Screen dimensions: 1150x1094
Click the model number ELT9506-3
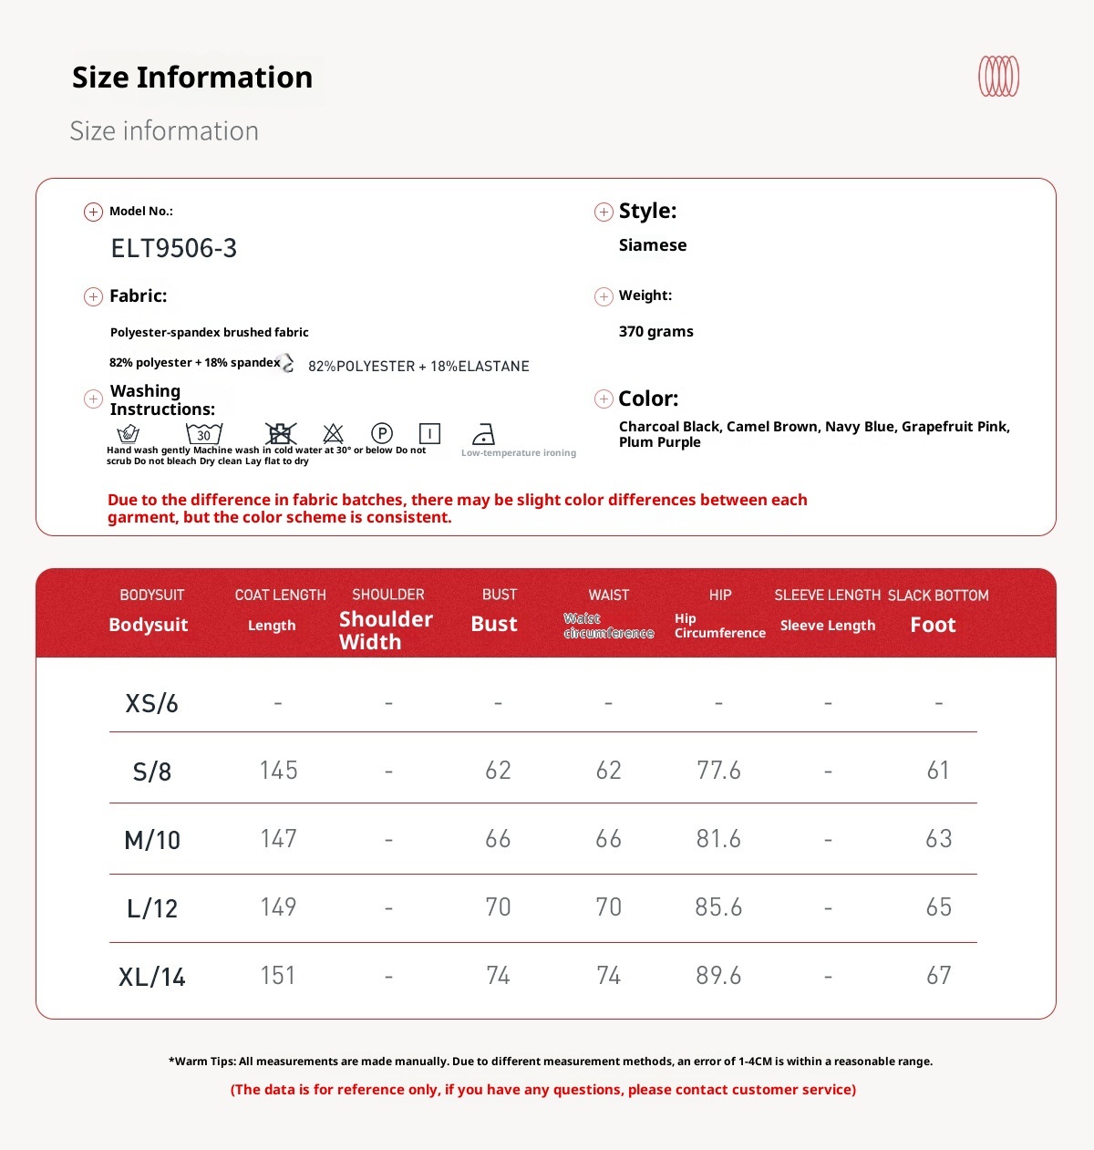pos(173,248)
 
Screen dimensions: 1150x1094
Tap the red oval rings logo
pos(998,77)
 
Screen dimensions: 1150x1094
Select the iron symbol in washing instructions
pos(483,434)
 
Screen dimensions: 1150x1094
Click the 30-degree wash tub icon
pos(203,433)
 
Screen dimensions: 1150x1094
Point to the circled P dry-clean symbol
pos(382,433)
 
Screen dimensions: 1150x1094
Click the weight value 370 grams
pos(655,331)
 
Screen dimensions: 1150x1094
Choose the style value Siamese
pos(652,245)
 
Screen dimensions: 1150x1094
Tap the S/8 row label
pos(151,772)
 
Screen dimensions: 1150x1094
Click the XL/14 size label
pos(151,977)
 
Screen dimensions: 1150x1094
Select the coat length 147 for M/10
pos(278,839)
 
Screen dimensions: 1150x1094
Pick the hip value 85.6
pos(718,907)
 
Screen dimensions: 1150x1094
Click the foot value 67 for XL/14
pos(938,976)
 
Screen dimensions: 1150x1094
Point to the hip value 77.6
pos(718,771)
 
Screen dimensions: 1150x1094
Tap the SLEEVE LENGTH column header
pos(827,595)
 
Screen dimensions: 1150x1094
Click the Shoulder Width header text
pos(385,630)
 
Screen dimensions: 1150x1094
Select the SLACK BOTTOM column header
pos(937,595)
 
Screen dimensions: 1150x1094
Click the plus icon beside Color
pos(603,399)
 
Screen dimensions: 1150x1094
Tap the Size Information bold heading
pos(192,78)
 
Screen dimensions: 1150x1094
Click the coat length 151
pos(278,976)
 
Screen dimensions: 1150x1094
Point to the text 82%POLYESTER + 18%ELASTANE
pos(418,366)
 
